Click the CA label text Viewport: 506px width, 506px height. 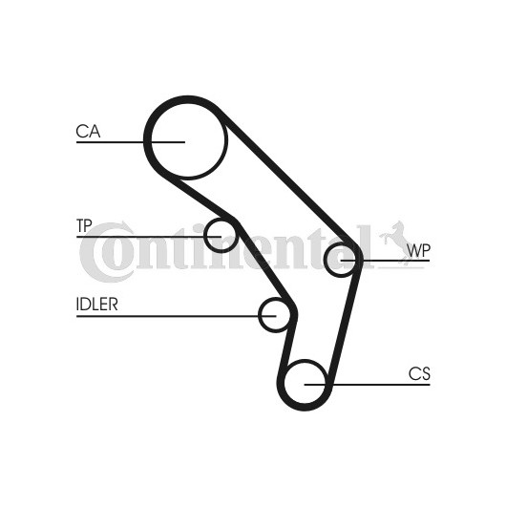(x=88, y=132)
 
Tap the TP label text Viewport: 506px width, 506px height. (x=84, y=225)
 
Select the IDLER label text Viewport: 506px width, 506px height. (x=96, y=304)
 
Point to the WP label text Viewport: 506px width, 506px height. (x=418, y=250)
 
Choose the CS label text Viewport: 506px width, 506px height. (x=419, y=374)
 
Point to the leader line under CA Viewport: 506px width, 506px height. (x=131, y=142)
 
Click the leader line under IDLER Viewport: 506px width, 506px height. (x=177, y=316)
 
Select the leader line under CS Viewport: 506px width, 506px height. (x=368, y=385)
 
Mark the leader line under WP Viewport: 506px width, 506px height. (x=386, y=260)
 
